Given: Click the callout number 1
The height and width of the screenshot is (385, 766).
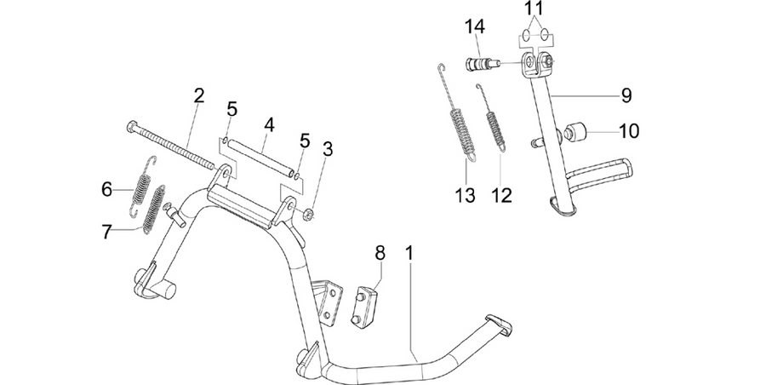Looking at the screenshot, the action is (x=409, y=254).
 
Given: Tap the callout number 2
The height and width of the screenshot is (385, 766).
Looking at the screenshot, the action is (x=198, y=96).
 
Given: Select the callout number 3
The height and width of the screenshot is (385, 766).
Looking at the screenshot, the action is (x=328, y=149).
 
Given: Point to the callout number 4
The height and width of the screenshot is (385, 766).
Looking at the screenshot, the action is (x=269, y=125).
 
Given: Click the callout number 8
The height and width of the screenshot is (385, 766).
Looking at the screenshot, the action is (x=380, y=253).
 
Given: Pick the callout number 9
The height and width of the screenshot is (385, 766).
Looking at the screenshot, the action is (x=626, y=95).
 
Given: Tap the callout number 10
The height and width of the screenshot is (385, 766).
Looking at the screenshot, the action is (x=629, y=131).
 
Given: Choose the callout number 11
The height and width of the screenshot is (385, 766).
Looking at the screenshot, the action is (x=534, y=9).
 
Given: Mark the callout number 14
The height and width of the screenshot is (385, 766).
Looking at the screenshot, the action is (x=474, y=26).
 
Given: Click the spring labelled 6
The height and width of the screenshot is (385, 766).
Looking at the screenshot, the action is (x=142, y=186).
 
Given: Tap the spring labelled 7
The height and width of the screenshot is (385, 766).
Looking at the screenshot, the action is (x=154, y=209).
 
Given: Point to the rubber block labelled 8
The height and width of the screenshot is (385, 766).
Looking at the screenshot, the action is (x=365, y=307).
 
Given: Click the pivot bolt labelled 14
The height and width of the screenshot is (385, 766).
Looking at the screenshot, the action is (x=482, y=64).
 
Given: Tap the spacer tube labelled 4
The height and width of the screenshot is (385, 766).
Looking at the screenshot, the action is (x=261, y=158).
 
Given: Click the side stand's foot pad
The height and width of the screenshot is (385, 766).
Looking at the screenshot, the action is (x=561, y=206).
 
